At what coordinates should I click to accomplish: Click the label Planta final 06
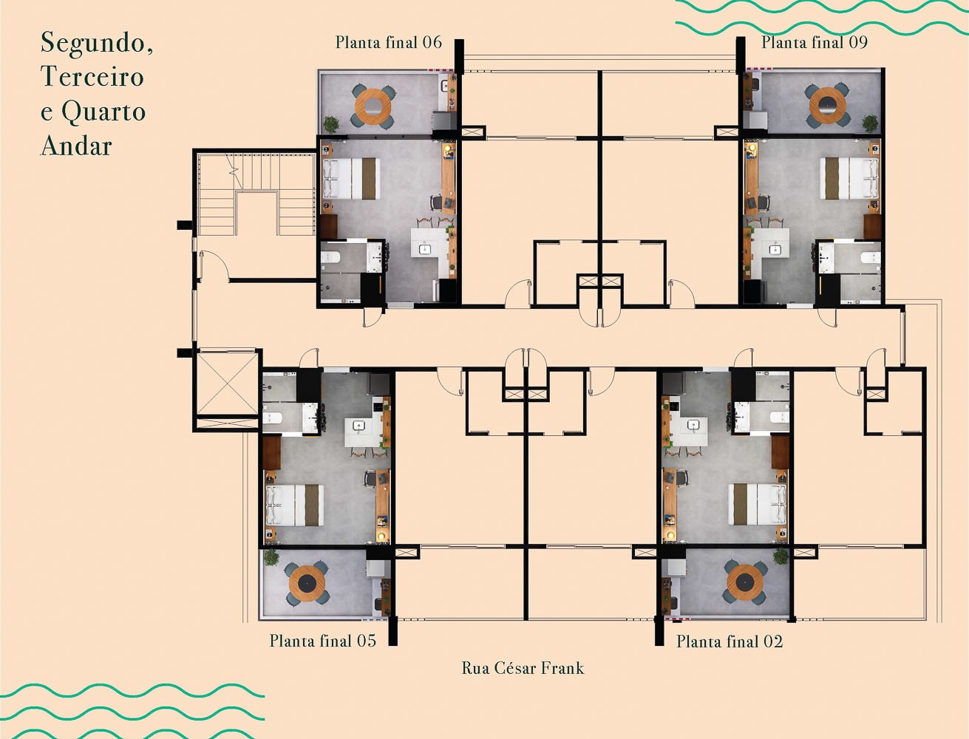[388, 42]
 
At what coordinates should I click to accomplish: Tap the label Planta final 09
[814, 42]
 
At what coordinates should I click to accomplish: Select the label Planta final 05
[322, 641]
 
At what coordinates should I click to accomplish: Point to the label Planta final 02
[729, 641]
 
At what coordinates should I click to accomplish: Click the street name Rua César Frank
[523, 668]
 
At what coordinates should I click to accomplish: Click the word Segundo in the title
[96, 43]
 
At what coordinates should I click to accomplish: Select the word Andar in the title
[76, 146]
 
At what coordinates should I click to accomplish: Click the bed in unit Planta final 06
[350, 179]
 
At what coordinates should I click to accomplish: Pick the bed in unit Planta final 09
[850, 178]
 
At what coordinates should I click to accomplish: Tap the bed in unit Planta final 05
[295, 505]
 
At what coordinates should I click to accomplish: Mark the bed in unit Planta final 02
[757, 504]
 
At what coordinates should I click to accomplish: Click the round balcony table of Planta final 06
[373, 106]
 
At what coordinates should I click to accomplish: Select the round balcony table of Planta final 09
[828, 106]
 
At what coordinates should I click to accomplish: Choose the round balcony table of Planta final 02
[744, 582]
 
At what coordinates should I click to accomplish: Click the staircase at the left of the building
[256, 194]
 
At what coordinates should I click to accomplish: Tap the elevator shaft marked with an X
[226, 384]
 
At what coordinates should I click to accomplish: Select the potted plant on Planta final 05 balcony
[271, 557]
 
